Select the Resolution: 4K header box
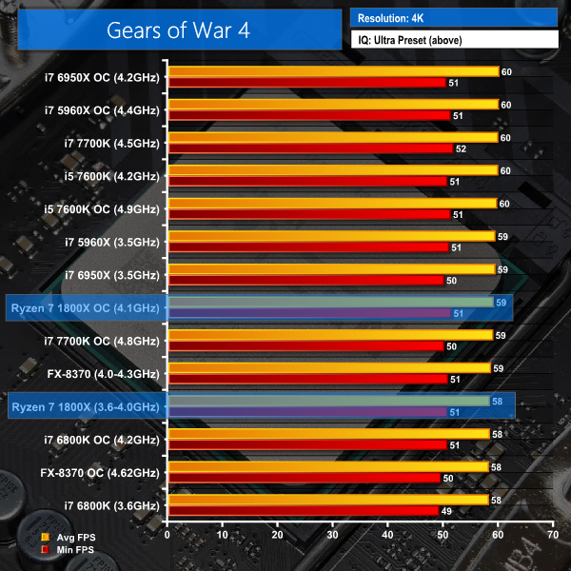(x=453, y=17)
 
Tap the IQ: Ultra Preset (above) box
(x=453, y=39)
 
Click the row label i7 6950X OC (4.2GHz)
(x=103, y=77)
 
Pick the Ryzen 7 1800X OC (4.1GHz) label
(x=86, y=306)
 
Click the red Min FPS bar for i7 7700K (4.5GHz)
(x=309, y=148)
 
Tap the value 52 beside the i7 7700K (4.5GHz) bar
(x=462, y=148)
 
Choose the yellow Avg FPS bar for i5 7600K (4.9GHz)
(x=331, y=203)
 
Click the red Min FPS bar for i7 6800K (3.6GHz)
(x=303, y=511)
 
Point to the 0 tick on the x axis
(x=167, y=535)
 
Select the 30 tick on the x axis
(x=332, y=535)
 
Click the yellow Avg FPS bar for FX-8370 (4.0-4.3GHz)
(x=328, y=367)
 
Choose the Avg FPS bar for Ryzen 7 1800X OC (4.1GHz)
(x=329, y=302)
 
